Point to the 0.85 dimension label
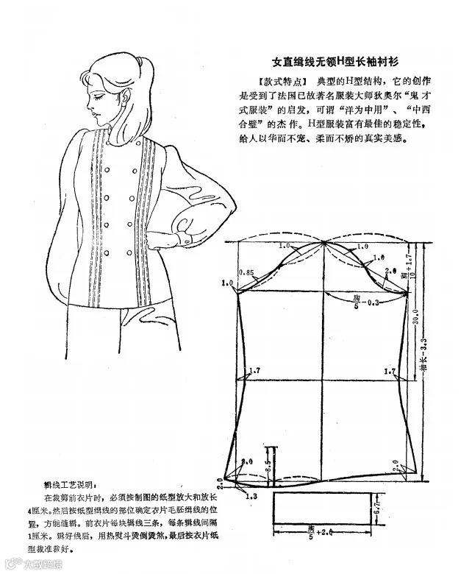[246, 272]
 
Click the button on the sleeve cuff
[186, 233]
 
